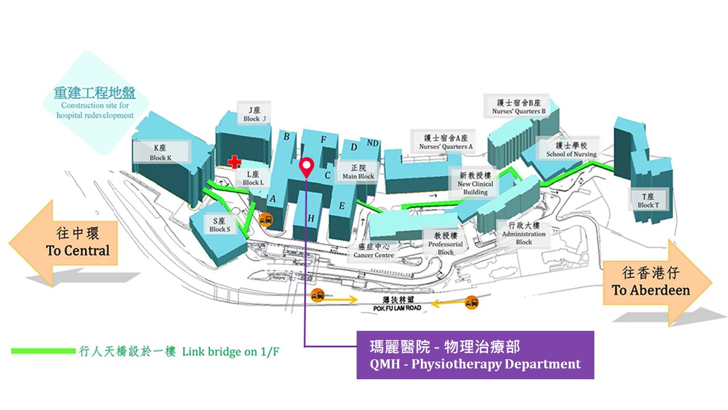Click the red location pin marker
[307, 166]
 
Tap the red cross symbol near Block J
[234, 162]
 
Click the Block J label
[251, 114]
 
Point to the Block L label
[253, 178]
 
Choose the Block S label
[220, 225]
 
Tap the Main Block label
[358, 172]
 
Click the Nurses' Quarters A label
[446, 142]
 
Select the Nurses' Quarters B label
[519, 107]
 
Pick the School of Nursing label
[571, 150]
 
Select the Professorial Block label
[445, 243]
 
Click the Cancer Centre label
[374, 251]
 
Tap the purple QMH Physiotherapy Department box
[475, 355]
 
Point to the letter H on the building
[311, 218]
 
